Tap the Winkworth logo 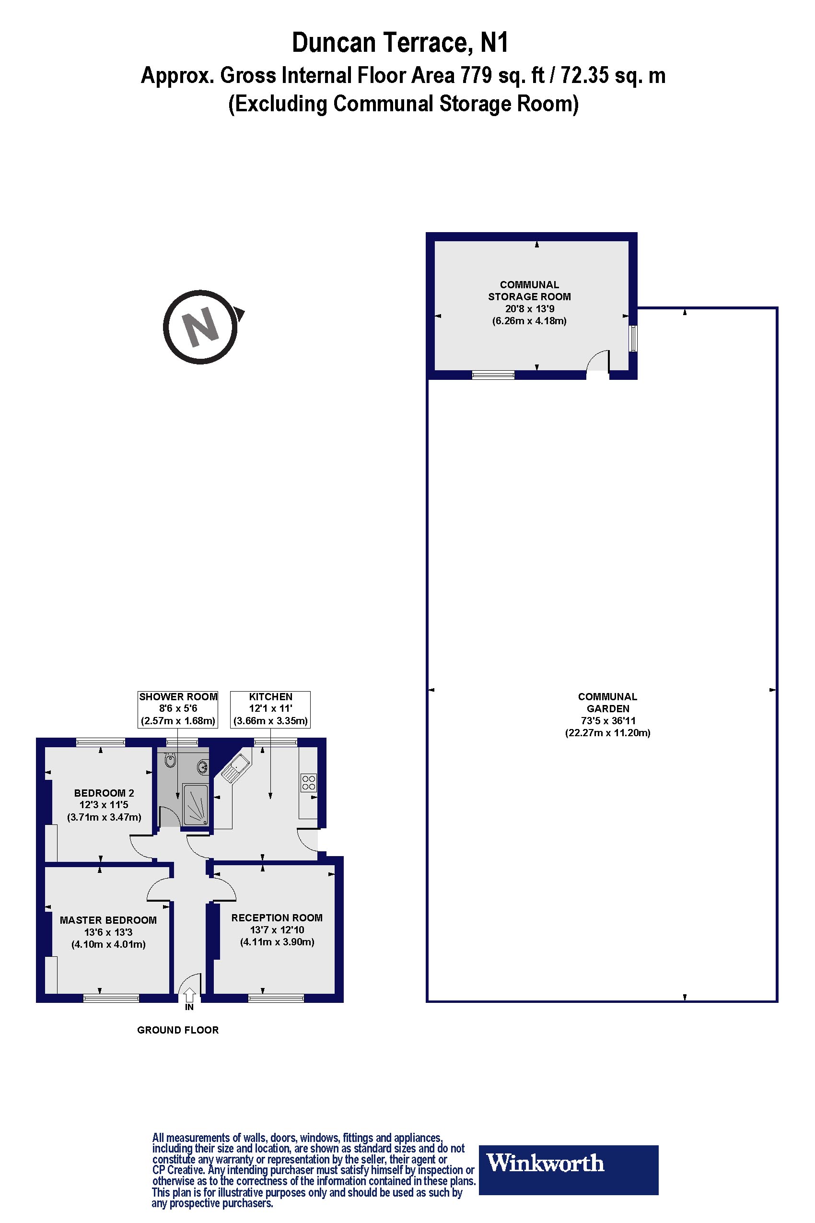pos(568,1163)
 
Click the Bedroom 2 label pos(104,804)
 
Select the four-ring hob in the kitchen pos(309,782)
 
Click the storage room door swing pos(598,362)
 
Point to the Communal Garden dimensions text pos(607,727)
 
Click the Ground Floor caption pos(178,1030)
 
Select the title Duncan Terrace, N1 pos(400,43)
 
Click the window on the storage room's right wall pos(632,339)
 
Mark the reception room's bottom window pos(276,998)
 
